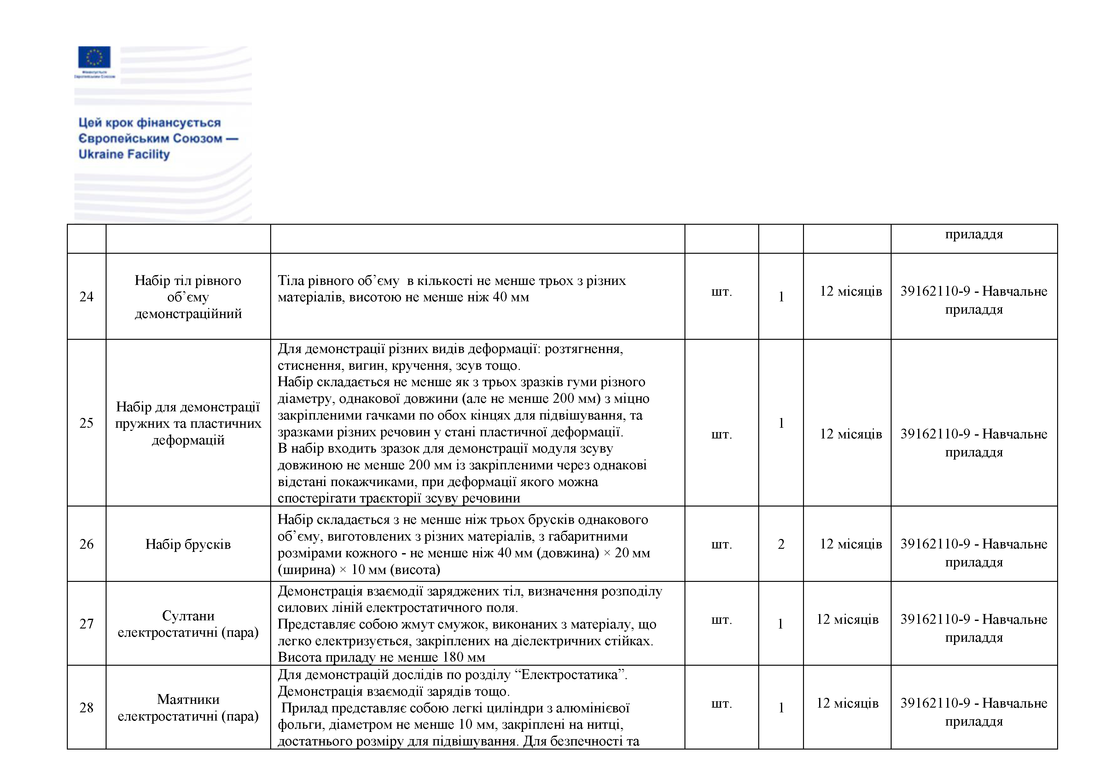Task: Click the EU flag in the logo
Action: point(94,57)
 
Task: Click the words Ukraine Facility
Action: point(124,154)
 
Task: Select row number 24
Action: point(86,297)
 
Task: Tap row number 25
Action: point(86,423)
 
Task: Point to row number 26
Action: point(86,544)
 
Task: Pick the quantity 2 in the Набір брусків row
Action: point(781,544)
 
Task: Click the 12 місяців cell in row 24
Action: point(851,291)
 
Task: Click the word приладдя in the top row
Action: point(974,235)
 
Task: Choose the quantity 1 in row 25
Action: point(781,423)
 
